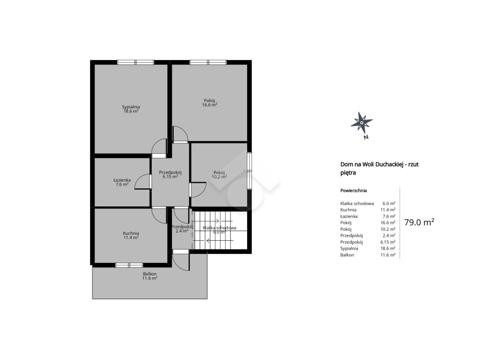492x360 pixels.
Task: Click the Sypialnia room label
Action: (131, 107)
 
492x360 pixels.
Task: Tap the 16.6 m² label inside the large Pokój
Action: (210, 105)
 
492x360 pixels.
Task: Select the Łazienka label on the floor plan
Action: (122, 180)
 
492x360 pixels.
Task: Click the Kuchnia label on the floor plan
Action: (131, 233)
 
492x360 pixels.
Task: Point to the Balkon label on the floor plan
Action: (150, 274)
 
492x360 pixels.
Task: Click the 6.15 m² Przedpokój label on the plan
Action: (170, 176)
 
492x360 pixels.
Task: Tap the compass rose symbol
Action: (361, 122)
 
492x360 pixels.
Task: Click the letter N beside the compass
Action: (366, 137)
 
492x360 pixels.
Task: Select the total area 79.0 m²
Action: (419, 222)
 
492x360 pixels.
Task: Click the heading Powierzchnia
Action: (354, 190)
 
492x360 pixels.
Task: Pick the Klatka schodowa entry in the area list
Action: (357, 203)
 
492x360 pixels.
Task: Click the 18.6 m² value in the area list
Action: (388, 248)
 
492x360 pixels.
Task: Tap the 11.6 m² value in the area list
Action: (388, 255)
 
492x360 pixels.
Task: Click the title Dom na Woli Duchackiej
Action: (372, 164)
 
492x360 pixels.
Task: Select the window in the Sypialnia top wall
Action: (136, 62)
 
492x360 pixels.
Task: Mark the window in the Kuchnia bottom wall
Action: (129, 265)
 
